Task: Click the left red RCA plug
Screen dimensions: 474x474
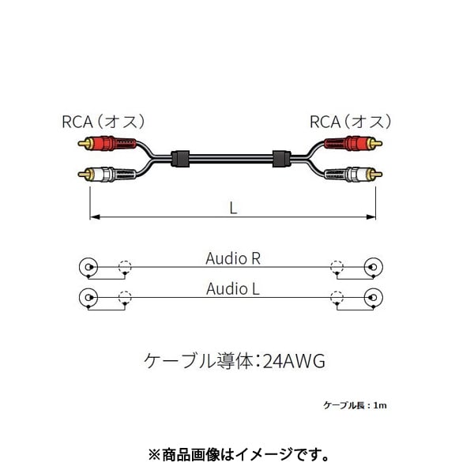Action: tap(107, 143)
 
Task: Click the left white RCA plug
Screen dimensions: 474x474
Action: tap(107, 175)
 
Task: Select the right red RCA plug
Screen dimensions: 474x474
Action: tap(353, 143)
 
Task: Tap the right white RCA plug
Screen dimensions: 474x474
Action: tap(353, 175)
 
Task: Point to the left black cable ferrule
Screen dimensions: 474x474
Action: tap(180, 159)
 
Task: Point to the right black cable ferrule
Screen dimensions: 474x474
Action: tap(281, 159)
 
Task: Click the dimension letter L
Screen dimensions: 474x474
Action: tap(233, 208)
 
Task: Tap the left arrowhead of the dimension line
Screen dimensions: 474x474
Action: tap(95, 216)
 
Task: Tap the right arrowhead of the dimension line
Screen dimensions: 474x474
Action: tap(371, 216)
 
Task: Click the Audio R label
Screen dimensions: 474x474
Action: tap(233, 258)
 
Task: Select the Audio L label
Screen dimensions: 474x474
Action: tap(233, 288)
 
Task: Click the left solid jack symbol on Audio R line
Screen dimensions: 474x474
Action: tap(88, 267)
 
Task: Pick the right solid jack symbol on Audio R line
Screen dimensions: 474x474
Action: tap(374, 267)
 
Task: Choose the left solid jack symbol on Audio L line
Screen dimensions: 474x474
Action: tap(88, 298)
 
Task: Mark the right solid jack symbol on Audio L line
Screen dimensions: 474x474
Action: tap(374, 298)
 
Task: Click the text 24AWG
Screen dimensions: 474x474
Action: tap(294, 361)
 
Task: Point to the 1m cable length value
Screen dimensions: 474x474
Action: tap(380, 405)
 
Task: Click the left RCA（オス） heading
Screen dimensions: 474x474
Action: tap(103, 122)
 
